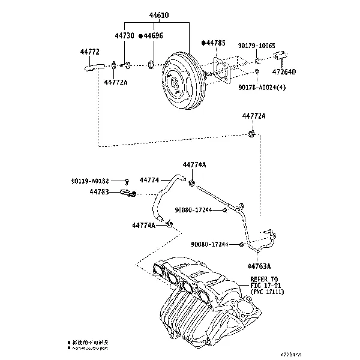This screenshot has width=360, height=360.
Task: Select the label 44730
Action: [124, 36]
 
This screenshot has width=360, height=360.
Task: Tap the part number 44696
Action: [153, 36]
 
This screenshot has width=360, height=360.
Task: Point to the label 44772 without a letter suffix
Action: [89, 52]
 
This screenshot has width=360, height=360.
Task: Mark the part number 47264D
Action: [284, 73]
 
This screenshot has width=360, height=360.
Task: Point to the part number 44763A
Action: [259, 266]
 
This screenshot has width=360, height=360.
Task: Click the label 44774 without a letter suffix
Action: [149, 180]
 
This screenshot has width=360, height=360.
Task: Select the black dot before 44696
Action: [140, 36]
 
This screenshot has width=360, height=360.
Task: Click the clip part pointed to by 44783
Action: [127, 193]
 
